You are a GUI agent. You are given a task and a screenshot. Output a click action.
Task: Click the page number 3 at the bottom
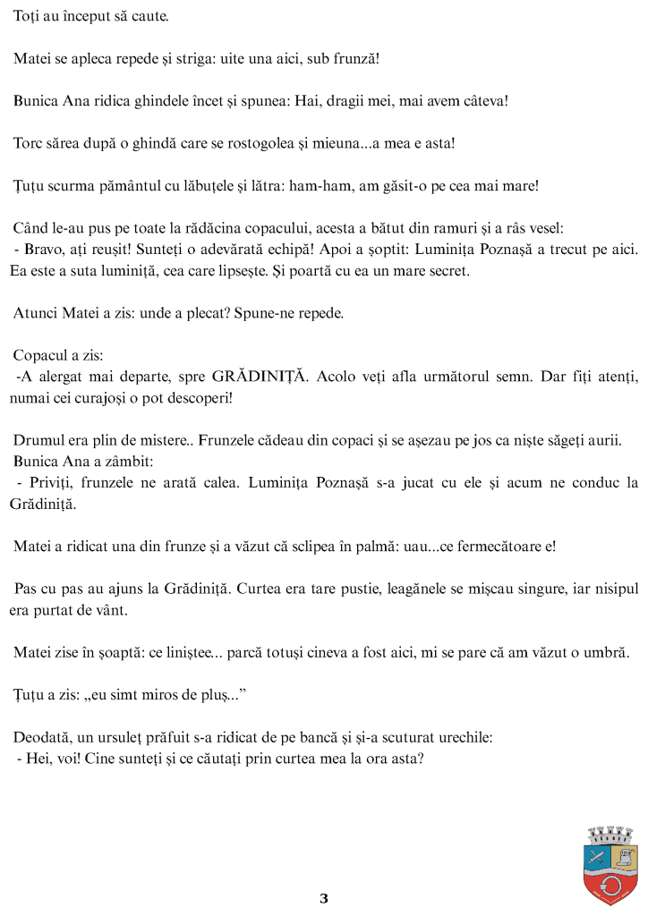[324, 899]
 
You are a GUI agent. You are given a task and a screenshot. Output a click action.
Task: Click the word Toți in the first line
[28, 17]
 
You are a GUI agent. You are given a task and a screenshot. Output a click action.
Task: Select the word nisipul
[608, 588]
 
